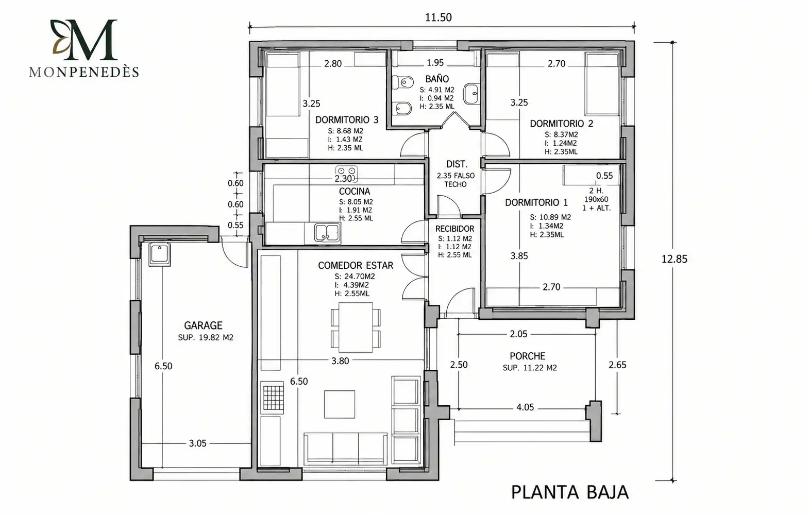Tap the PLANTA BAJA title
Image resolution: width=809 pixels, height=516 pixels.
(x=570, y=492)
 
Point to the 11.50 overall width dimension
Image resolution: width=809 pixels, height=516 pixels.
(x=438, y=18)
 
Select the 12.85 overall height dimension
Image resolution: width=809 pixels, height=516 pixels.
(x=675, y=259)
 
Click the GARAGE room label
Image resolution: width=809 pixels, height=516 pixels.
(x=203, y=325)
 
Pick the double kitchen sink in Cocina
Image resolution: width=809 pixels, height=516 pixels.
(x=327, y=232)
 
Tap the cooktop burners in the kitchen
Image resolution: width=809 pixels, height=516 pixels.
(x=346, y=174)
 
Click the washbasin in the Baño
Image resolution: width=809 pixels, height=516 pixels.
(x=471, y=94)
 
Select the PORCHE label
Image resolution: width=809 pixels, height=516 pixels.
(x=527, y=356)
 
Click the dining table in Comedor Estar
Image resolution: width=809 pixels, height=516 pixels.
(x=356, y=328)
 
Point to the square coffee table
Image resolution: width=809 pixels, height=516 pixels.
(x=339, y=404)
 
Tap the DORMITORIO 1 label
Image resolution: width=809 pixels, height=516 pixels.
(x=536, y=203)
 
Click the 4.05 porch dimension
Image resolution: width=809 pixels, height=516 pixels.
(x=525, y=407)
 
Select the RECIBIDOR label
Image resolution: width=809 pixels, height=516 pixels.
(x=454, y=229)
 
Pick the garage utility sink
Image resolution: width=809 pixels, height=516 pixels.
(x=159, y=254)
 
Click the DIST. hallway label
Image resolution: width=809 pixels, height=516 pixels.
(x=457, y=164)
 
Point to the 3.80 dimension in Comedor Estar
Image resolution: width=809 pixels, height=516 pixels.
(x=340, y=361)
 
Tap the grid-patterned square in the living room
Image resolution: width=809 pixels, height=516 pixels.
(x=273, y=398)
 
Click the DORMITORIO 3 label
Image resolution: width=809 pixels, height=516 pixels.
(x=347, y=120)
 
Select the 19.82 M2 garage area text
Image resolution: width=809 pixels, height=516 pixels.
(x=216, y=338)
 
